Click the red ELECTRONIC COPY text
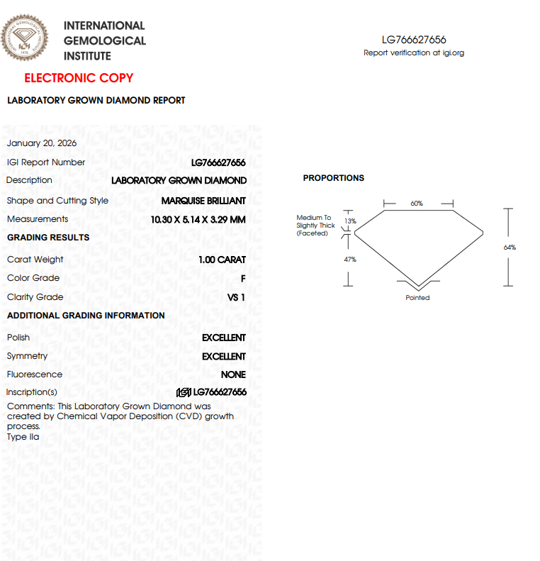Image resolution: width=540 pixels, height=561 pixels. pyautogui.click(x=79, y=78)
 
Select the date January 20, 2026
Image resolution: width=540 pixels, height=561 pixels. pyautogui.click(x=42, y=143)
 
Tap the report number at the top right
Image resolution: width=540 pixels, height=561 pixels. pyautogui.click(x=414, y=40)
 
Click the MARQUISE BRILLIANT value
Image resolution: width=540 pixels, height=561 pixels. pyautogui.click(x=203, y=201)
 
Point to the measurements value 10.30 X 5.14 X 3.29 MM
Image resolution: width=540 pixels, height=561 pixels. pyautogui.click(x=198, y=220)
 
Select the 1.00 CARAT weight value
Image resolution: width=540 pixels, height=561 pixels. pyautogui.click(x=222, y=260)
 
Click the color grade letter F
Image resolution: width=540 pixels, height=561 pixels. pyautogui.click(x=243, y=279)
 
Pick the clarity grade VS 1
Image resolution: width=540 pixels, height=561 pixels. pyautogui.click(x=236, y=298)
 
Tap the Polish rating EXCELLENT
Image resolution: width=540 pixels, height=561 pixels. pyautogui.click(x=224, y=338)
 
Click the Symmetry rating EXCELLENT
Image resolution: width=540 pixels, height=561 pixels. pyautogui.click(x=224, y=357)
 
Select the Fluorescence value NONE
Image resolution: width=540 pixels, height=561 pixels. pyautogui.click(x=233, y=374)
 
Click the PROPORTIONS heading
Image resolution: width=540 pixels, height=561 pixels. pyautogui.click(x=334, y=178)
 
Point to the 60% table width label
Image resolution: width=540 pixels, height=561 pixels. pyautogui.click(x=417, y=204)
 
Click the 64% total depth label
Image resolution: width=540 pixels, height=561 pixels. pyautogui.click(x=510, y=248)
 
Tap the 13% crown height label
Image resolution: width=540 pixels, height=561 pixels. pyautogui.click(x=350, y=221)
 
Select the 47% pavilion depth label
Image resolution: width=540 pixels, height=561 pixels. pyautogui.click(x=350, y=260)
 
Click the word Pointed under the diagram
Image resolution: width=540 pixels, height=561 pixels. pyautogui.click(x=417, y=298)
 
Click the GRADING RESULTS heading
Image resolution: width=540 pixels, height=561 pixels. pyautogui.click(x=48, y=238)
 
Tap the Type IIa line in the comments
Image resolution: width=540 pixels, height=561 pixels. pyautogui.click(x=23, y=437)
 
